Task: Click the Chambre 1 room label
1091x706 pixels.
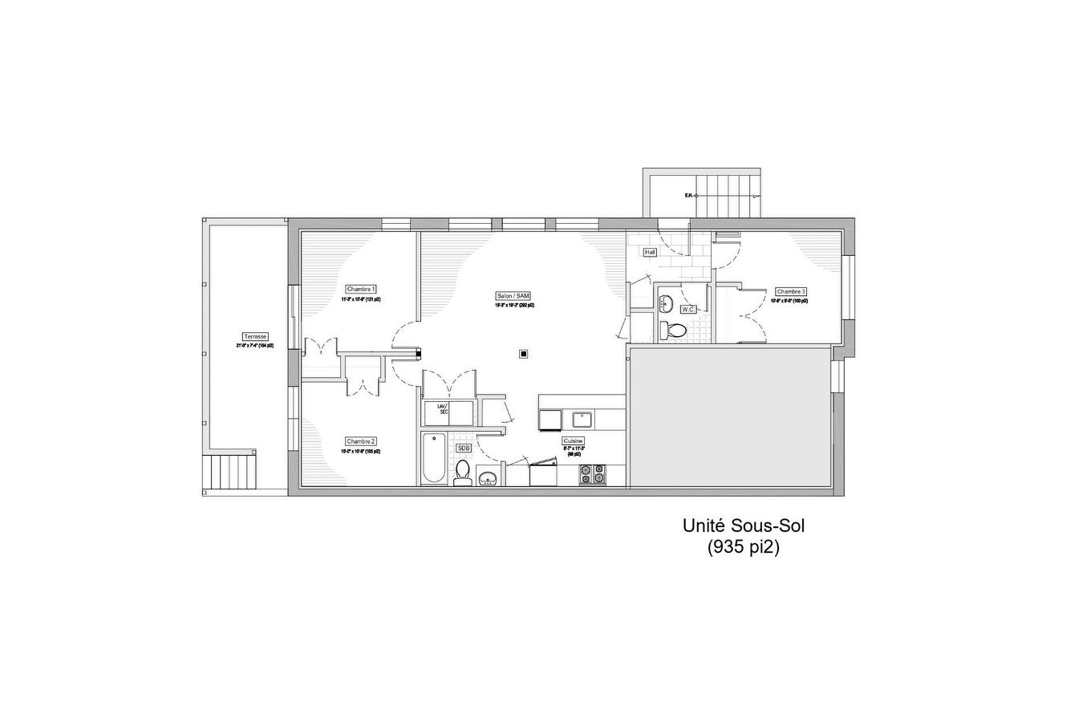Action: tap(361, 289)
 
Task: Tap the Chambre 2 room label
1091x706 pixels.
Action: tap(361, 441)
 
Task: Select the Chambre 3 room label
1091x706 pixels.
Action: tap(791, 291)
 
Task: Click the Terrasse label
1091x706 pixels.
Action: tap(255, 336)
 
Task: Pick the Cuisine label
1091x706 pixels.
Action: tap(573, 441)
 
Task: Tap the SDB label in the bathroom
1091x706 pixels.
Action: tap(464, 448)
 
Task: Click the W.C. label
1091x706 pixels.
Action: tap(688, 309)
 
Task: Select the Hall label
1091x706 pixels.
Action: tap(650, 252)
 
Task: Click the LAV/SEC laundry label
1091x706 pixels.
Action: tap(442, 409)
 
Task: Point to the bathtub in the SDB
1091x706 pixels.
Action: tap(434, 458)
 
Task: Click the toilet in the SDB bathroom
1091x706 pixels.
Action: tap(463, 473)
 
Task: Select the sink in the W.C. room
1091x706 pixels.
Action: tap(665, 303)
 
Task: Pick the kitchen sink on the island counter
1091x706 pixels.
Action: tap(581, 419)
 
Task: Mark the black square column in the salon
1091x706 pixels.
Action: tap(523, 353)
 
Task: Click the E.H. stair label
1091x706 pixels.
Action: tap(688, 195)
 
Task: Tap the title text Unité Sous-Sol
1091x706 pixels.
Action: tap(743, 526)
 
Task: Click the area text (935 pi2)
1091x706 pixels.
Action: tap(743, 548)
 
